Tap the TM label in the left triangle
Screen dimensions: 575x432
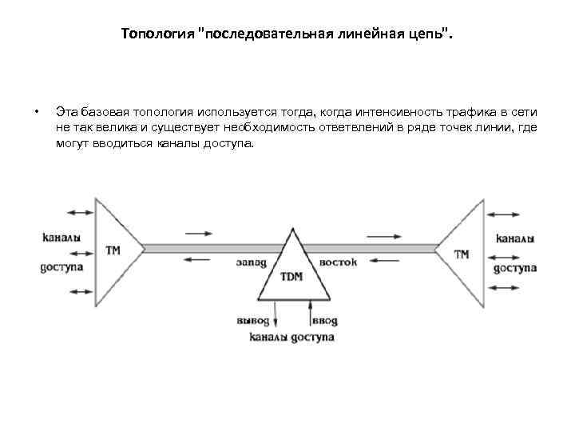[113, 250]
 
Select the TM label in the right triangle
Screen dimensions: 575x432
[462, 254]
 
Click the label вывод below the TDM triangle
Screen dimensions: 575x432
[255, 320]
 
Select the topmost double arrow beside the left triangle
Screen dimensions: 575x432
[80, 212]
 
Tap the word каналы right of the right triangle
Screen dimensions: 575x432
[515, 238]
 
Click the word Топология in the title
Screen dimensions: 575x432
[159, 34]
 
